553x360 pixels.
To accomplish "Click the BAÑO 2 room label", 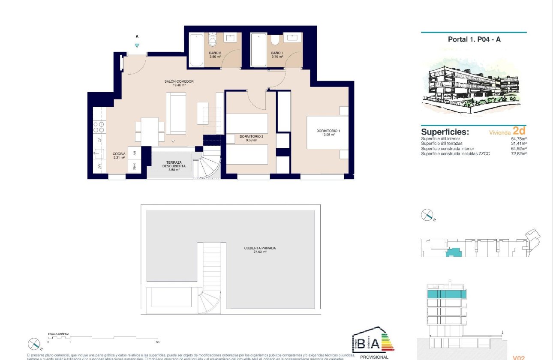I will (215, 53).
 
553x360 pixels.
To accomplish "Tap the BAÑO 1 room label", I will (277, 53).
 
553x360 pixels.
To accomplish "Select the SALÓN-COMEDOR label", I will (179, 81).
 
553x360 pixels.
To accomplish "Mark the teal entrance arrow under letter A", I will (137, 45).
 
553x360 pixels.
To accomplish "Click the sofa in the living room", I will (176, 113).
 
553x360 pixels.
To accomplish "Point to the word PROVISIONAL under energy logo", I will (374, 357).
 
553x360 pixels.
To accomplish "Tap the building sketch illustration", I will (473, 88).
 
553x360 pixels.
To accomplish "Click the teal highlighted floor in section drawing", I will (446, 294).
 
